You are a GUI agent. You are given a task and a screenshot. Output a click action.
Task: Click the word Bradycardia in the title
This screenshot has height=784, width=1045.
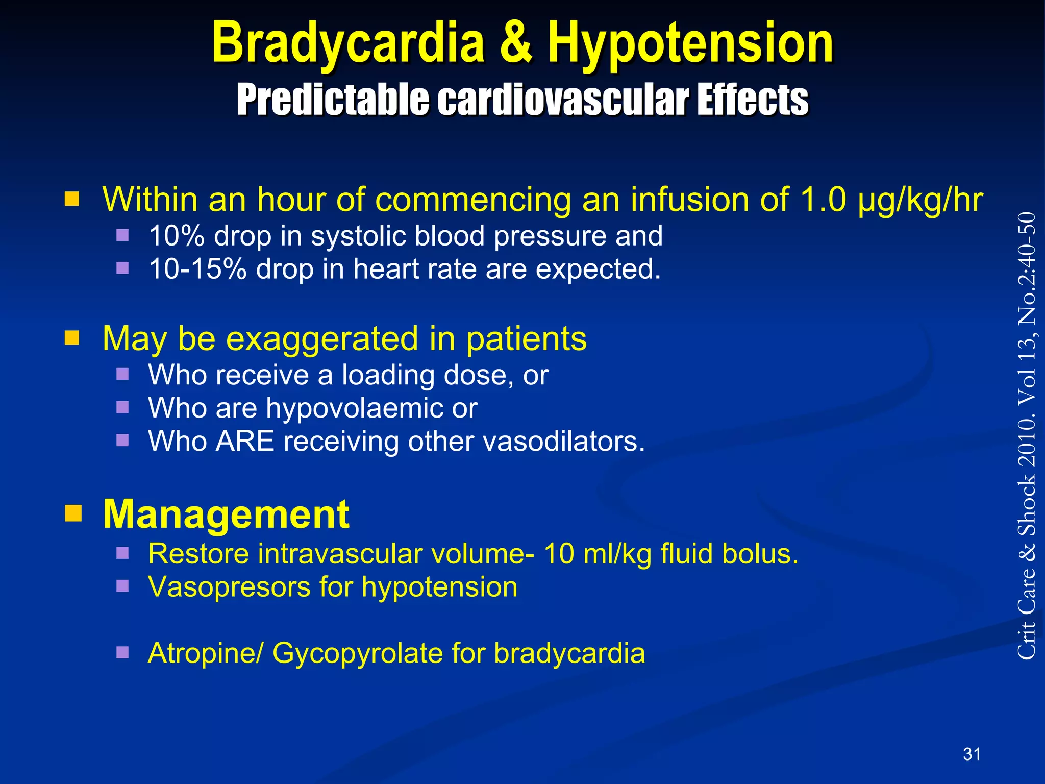click(x=347, y=43)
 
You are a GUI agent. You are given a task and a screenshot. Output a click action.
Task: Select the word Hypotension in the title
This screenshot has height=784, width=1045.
click(x=690, y=43)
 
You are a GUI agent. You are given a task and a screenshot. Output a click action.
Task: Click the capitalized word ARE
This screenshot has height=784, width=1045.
click(x=245, y=442)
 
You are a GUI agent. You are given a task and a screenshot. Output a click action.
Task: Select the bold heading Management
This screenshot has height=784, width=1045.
click(x=226, y=514)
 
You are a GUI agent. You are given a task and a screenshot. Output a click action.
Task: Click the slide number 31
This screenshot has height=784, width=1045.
click(x=972, y=754)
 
